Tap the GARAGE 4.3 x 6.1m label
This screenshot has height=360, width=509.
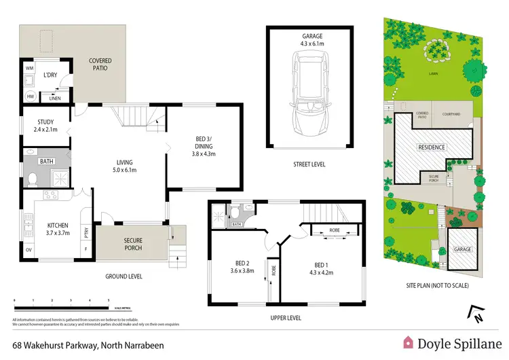(x=309, y=40)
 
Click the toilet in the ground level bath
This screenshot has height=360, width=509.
(x=32, y=179)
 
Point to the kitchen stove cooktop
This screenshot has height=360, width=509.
(x=52, y=196)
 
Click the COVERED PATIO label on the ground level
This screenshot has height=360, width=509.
(x=100, y=65)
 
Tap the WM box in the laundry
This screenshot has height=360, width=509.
(x=29, y=69)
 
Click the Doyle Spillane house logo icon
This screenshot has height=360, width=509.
(x=410, y=342)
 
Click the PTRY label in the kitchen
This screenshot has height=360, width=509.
(x=86, y=232)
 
